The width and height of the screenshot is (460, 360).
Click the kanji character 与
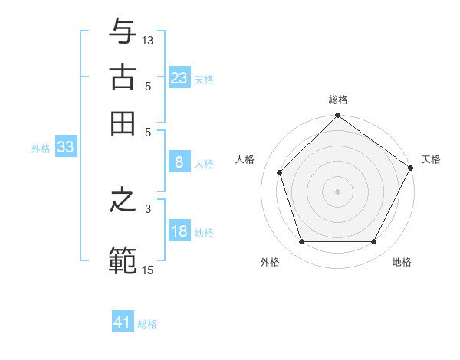pyautogui.click(x=123, y=32)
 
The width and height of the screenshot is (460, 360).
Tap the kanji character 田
pyautogui.click(x=123, y=122)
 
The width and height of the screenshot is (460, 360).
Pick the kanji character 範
pyautogui.click(x=123, y=260)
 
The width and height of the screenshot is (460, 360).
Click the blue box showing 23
pyautogui.click(x=179, y=77)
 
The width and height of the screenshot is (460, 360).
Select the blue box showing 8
pyautogui.click(x=179, y=162)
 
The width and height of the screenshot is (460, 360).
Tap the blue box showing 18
pyautogui.click(x=179, y=231)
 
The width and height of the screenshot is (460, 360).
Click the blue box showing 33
pyautogui.click(x=65, y=148)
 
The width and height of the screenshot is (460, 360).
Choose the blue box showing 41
pyautogui.click(x=123, y=322)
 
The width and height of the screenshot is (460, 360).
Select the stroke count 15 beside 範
pyautogui.click(x=148, y=270)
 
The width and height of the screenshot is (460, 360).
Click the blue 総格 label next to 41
pyautogui.click(x=147, y=324)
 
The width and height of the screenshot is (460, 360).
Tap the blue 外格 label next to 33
pyautogui.click(x=40, y=149)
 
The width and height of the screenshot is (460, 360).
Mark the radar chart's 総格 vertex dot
pyautogui.click(x=337, y=116)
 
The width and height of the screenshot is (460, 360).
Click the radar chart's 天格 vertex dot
pyautogui.click(x=410, y=169)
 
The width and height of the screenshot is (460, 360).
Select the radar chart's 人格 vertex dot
pyautogui.click(x=280, y=172)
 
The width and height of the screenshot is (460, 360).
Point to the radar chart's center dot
pyautogui.click(x=337, y=191)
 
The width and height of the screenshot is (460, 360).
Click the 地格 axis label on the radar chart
pyautogui.click(x=402, y=263)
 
